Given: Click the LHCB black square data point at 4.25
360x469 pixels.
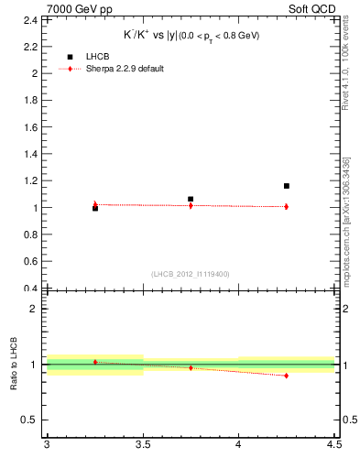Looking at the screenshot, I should (287, 186).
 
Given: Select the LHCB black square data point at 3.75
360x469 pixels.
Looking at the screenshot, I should (191, 199).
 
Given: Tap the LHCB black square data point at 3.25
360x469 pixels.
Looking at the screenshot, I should (95, 209).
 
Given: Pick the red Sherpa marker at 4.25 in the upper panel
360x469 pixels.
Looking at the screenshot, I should (287, 206).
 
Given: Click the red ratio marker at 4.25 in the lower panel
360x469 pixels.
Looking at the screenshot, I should (287, 376).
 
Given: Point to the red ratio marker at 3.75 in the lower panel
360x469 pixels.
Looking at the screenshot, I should (191, 368).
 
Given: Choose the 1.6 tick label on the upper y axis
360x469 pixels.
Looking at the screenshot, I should (31, 126).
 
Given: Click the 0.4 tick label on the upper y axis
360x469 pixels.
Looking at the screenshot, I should (31, 289).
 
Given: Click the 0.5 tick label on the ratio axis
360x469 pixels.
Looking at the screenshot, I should (31, 420).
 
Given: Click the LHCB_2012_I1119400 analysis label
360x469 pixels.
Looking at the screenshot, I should (190, 273).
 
